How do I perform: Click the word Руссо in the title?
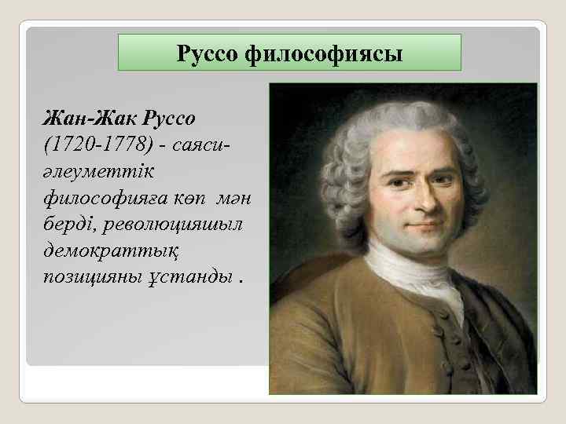tap(209, 54)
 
